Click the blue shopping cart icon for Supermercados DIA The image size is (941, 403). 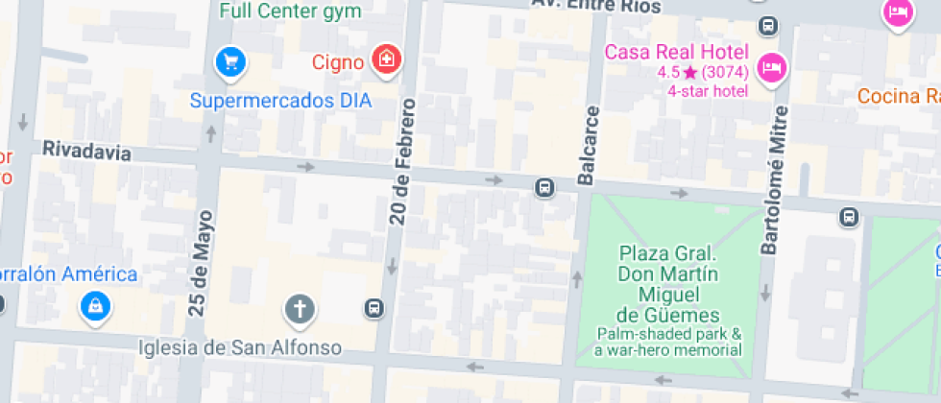click(230, 63)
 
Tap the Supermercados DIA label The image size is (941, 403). click(280, 100)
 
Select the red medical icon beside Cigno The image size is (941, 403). click(386, 59)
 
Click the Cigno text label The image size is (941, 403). click(338, 62)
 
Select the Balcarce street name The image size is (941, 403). click(588, 144)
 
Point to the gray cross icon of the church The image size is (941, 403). click(300, 309)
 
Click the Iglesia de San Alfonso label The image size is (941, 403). click(240, 346)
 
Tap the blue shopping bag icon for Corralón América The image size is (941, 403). click(96, 307)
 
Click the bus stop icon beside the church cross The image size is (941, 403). click(373, 309)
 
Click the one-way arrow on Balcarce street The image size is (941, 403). click(577, 279)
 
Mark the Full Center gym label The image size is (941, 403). click(290, 12)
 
